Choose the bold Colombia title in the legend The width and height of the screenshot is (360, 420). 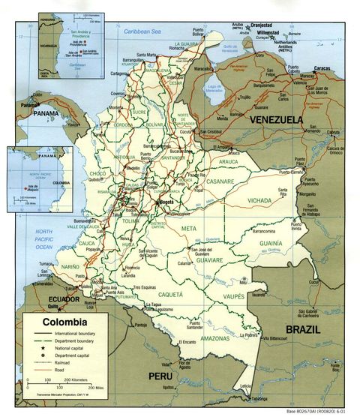click(x=64, y=322)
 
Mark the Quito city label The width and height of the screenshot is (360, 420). click(x=52, y=306)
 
